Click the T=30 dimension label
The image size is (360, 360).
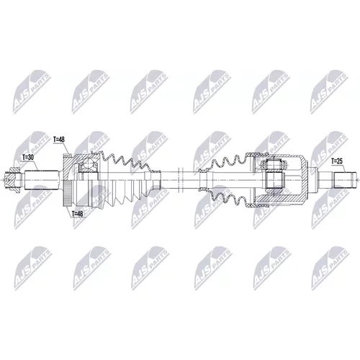(x=28, y=158)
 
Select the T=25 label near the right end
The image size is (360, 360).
(x=337, y=161)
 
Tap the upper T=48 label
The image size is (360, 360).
(x=59, y=140)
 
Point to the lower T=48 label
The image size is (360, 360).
(x=77, y=214)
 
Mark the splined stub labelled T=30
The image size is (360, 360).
(x=42, y=180)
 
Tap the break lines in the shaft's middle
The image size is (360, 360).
(x=180, y=180)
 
